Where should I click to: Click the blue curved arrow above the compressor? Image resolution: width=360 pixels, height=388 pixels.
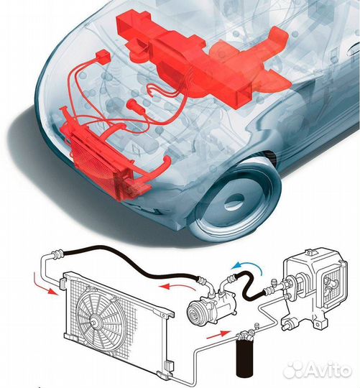(250, 264)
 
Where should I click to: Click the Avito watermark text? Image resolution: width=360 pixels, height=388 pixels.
(329, 370)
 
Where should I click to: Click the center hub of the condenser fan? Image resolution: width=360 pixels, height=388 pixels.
(95, 322)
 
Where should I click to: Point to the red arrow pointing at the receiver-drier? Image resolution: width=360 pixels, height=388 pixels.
(217, 335)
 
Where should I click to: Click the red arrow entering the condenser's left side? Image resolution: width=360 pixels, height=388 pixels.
(46, 284)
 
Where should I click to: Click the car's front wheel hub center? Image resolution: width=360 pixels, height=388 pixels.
(234, 200)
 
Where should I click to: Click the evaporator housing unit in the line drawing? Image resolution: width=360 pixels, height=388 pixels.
(314, 288)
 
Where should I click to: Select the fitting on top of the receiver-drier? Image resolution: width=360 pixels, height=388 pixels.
(246, 336)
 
